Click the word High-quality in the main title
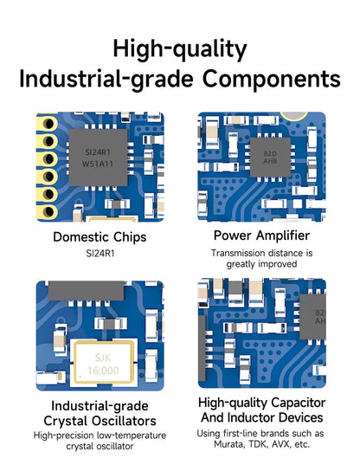tap(180, 49)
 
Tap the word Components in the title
tap(272, 79)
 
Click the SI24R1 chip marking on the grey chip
tap(98, 152)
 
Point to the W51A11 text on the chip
tap(98, 164)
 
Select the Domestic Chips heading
tap(100, 237)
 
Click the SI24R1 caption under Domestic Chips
tap(100, 254)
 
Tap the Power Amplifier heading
tap(261, 236)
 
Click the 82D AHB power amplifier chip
tap(270, 158)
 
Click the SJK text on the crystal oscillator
tap(103, 358)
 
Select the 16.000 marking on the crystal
tap(103, 371)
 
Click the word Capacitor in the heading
tap(298, 403)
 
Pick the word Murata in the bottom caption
tap(229, 444)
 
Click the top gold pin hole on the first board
tap(48, 123)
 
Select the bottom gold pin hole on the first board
tap(48, 212)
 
